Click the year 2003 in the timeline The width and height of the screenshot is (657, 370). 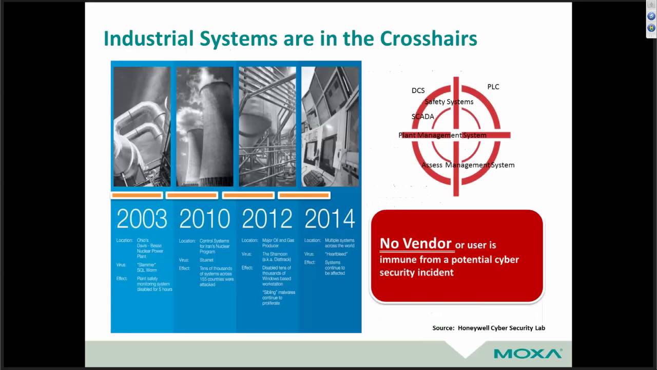142,218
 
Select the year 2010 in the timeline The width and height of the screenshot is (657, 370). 204,218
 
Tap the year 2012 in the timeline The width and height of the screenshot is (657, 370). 267,218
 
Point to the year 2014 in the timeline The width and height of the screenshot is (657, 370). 330,218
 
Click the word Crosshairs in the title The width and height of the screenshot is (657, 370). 428,39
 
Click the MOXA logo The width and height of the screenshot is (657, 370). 528,354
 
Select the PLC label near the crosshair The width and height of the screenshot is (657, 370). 493,87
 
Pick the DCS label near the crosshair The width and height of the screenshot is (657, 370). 418,90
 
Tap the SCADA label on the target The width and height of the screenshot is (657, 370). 422,117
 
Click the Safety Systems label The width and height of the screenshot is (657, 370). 449,102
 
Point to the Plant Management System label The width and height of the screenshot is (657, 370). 442,135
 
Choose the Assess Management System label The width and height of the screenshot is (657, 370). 468,165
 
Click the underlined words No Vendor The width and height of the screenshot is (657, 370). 415,244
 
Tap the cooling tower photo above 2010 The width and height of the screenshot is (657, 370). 204,126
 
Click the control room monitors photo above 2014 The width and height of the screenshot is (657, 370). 330,126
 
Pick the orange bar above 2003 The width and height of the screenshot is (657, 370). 137,195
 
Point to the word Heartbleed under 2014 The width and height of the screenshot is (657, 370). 336,254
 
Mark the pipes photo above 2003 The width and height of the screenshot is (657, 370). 142,126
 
